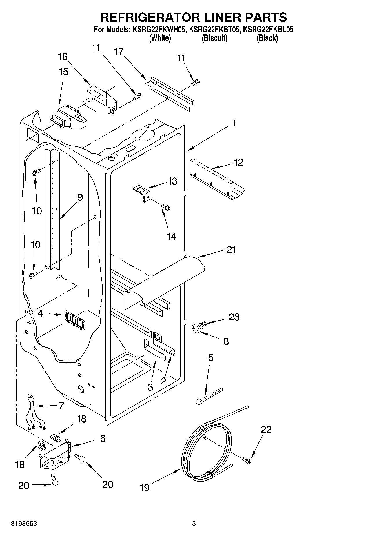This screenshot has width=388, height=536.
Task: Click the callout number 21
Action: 231,250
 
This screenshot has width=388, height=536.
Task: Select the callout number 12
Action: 238,162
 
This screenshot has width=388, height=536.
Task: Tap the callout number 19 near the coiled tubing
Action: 144,488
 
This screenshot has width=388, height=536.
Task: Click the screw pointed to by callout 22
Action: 246,459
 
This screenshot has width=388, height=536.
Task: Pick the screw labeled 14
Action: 166,207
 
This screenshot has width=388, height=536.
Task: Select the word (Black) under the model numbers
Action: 267,38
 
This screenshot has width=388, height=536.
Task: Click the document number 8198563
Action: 23,524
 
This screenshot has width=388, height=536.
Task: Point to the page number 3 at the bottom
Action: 194,524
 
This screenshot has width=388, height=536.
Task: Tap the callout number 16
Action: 63,57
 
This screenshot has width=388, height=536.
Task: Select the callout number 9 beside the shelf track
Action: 80,197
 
